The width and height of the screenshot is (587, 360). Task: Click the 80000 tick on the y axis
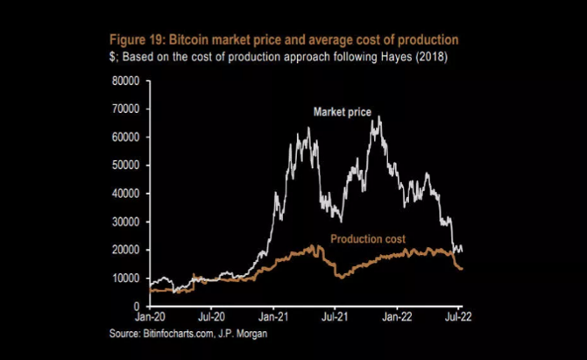[127, 81]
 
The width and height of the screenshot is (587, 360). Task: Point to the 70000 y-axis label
[127, 109]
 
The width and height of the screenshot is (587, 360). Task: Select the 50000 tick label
[127, 165]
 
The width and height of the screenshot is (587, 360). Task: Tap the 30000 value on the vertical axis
[127, 221]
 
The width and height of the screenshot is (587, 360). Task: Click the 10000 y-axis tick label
[127, 278]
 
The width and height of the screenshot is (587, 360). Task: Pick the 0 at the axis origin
[138, 306]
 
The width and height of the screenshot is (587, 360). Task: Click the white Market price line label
[343, 112]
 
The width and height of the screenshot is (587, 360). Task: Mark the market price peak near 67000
[378, 117]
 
